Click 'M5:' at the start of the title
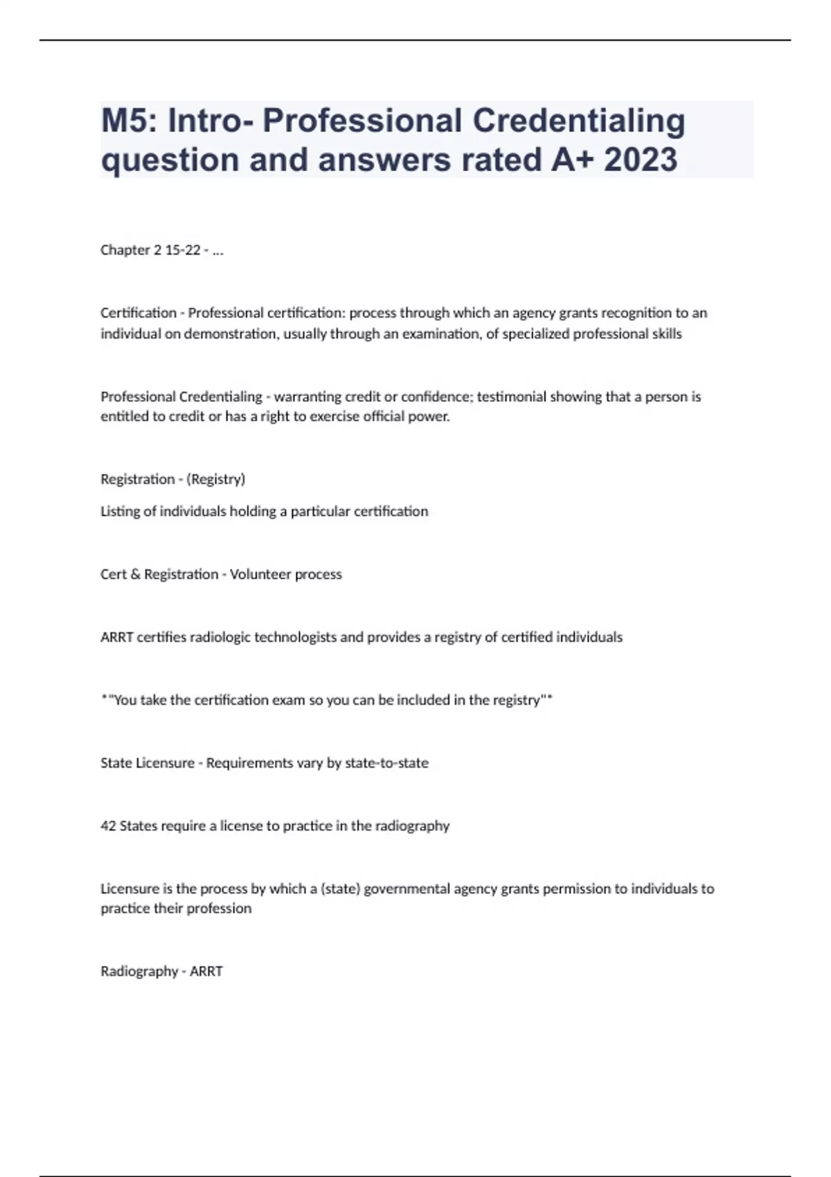(x=128, y=121)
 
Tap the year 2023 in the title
(x=641, y=160)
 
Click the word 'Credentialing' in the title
(x=579, y=121)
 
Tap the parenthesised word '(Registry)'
(x=215, y=479)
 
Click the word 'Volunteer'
(x=256, y=575)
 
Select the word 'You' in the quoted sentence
(x=125, y=700)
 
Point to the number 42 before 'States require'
(x=108, y=826)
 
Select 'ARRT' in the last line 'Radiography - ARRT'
(x=206, y=971)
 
